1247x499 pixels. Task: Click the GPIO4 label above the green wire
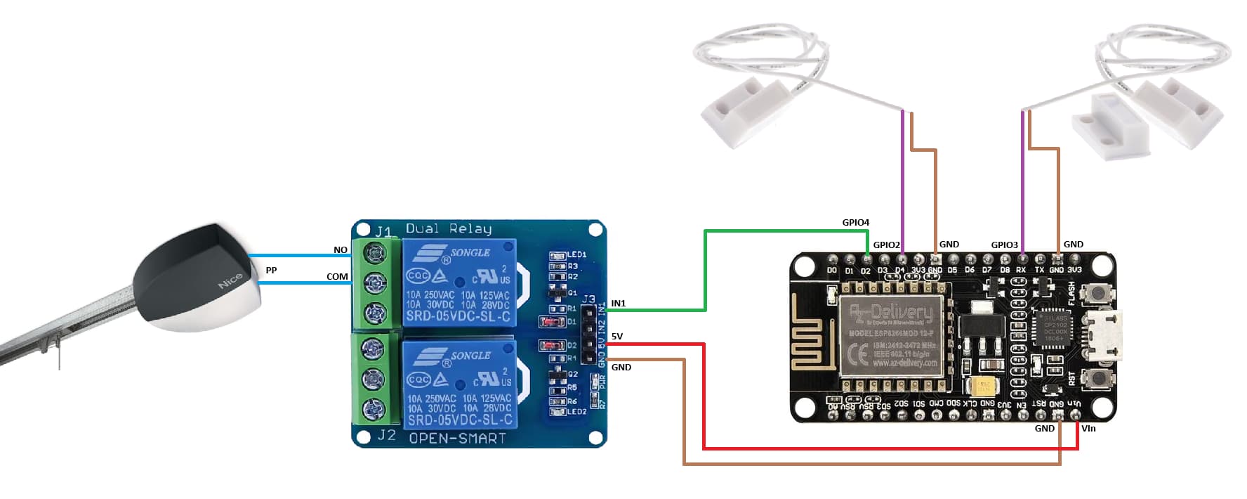(x=855, y=223)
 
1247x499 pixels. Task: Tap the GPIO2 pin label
(x=886, y=245)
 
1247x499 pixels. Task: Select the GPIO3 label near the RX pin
(x=1004, y=245)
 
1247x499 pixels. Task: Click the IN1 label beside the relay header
(x=618, y=304)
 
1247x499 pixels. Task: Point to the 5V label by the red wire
(x=616, y=337)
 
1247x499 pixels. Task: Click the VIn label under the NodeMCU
(x=1088, y=429)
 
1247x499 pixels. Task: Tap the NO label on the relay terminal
(x=341, y=250)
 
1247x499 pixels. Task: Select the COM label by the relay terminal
(x=337, y=277)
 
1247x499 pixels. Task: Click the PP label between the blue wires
(x=271, y=271)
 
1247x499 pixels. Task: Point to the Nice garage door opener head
(x=200, y=278)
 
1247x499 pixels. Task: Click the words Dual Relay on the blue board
(x=448, y=228)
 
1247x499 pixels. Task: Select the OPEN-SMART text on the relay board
(x=457, y=439)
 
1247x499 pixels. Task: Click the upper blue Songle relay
(x=459, y=283)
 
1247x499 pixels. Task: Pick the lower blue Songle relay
(x=459, y=385)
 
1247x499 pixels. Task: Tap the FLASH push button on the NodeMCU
(x=1094, y=294)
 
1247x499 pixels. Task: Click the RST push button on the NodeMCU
(x=1094, y=379)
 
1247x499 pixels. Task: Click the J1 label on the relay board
(x=383, y=231)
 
